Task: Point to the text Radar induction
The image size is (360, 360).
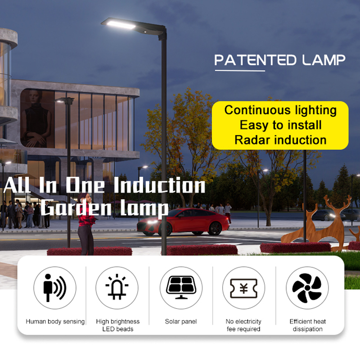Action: click(x=280, y=140)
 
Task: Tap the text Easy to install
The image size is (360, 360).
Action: click(x=280, y=125)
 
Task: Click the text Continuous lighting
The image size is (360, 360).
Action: click(x=280, y=110)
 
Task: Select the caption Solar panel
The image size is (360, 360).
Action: click(x=180, y=322)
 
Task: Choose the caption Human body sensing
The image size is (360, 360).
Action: click(x=55, y=322)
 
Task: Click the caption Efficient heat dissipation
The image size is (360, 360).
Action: click(x=307, y=325)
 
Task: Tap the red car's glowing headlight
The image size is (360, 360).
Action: click(x=151, y=222)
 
